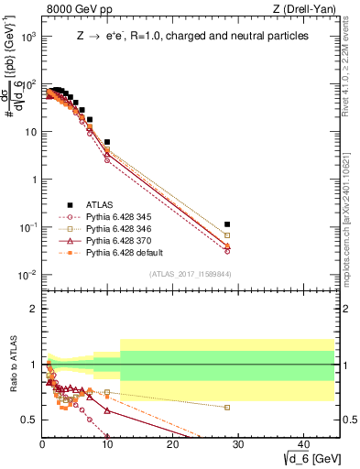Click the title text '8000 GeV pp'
tap(74, 10)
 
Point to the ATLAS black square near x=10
tap(107, 143)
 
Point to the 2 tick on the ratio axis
tap(33, 309)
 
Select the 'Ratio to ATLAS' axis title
tap(14, 365)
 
